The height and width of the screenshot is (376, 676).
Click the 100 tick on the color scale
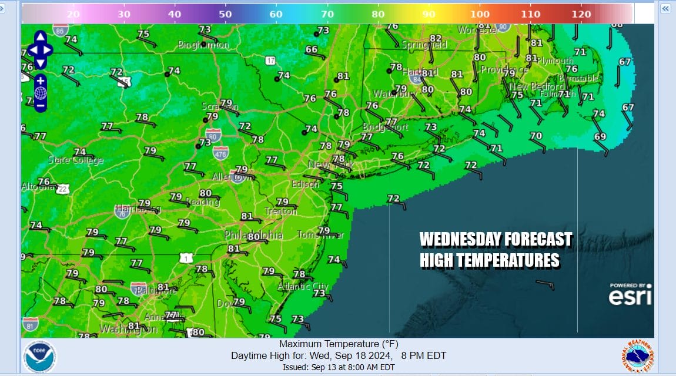pyautogui.click(x=480, y=14)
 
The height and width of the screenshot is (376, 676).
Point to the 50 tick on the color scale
pyautogui.click(x=225, y=14)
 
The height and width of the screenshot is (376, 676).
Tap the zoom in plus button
pyautogui.click(x=40, y=80)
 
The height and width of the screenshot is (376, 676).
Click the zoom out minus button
pyautogui.click(x=40, y=106)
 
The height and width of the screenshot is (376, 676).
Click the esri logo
pyautogui.click(x=630, y=295)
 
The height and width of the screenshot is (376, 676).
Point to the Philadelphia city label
pyautogui.click(x=253, y=236)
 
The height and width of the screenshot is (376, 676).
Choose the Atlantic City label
pyautogui.click(x=303, y=286)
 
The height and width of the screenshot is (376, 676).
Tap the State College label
pyautogui.click(x=76, y=160)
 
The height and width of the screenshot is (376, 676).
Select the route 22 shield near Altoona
pyautogui.click(x=63, y=189)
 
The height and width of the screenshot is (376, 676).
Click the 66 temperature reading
pyautogui.click(x=311, y=50)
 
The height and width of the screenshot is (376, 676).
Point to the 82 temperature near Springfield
pyautogui.click(x=435, y=38)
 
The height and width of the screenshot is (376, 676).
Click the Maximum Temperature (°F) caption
pyautogui.click(x=338, y=344)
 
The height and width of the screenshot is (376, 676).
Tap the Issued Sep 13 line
pyautogui.click(x=338, y=367)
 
